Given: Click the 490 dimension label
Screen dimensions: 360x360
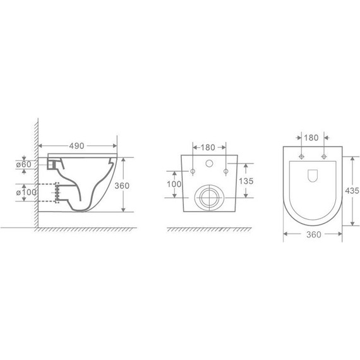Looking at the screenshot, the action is (76, 146).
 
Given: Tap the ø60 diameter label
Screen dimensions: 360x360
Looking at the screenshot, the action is (23, 164).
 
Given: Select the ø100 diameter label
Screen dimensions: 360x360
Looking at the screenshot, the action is (26, 192).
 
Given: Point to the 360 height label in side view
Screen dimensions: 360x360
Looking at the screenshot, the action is (122, 186).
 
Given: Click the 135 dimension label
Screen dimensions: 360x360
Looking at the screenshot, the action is (246, 181).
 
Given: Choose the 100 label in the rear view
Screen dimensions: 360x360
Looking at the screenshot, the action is (174, 184).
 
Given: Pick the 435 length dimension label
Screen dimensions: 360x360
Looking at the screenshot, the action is (352, 191).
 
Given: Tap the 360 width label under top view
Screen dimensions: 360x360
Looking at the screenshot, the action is (314, 235).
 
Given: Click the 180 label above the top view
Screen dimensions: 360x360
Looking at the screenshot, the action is (311, 138).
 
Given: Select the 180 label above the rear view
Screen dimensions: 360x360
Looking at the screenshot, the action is (208, 147).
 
